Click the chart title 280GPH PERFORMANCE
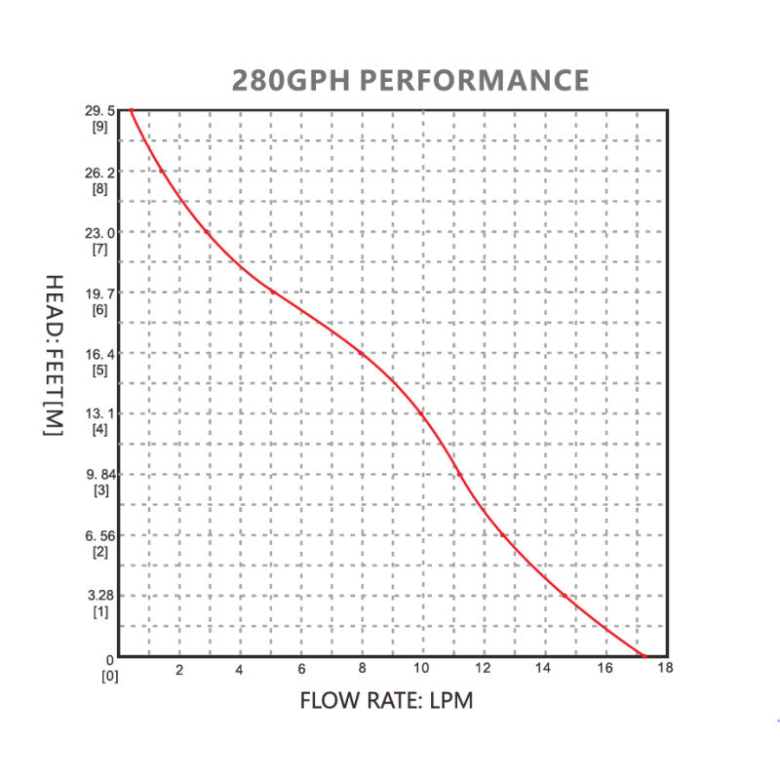[x=409, y=79]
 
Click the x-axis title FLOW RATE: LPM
[x=386, y=700]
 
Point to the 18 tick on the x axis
[x=665, y=668]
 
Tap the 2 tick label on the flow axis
[x=179, y=670]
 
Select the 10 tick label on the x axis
[x=421, y=669]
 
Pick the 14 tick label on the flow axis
[x=543, y=669]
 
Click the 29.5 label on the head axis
[x=99, y=111]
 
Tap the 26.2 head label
[x=99, y=172]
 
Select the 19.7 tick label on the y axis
[x=99, y=293]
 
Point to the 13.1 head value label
[x=99, y=413]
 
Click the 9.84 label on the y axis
[x=99, y=475]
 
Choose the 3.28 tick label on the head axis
[x=99, y=595]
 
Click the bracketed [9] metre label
[x=99, y=128]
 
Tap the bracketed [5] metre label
[x=99, y=370]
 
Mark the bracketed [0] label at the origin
[x=110, y=675]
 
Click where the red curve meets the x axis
[x=644, y=656]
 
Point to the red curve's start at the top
[x=131, y=111]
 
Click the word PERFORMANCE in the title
[x=475, y=79]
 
